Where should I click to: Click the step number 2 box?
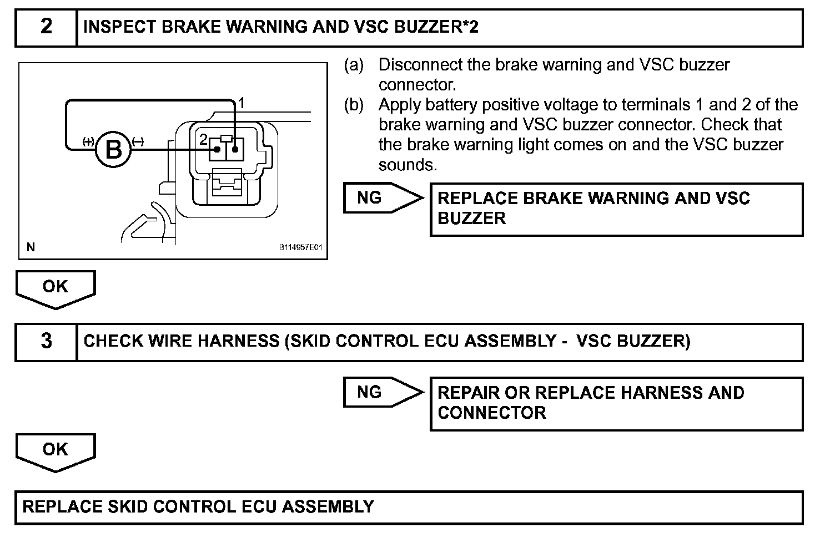pos(46,27)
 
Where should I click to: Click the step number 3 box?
pos(46,342)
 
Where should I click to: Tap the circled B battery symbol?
pos(113,149)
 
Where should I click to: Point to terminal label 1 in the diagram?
pos(241,103)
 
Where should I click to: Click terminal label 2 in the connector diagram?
pos(204,139)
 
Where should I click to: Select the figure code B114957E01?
pos(300,247)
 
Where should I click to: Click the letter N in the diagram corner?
pos(31,247)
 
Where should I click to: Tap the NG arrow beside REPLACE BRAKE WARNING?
pos(382,197)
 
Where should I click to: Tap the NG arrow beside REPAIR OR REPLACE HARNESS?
pos(382,393)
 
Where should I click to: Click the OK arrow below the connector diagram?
pos(55,288)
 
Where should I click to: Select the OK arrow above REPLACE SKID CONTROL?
pos(55,450)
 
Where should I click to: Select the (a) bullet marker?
pos(354,65)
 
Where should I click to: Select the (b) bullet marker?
pos(354,105)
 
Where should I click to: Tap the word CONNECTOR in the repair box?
pos(491,413)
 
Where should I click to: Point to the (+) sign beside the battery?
pos(87,141)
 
